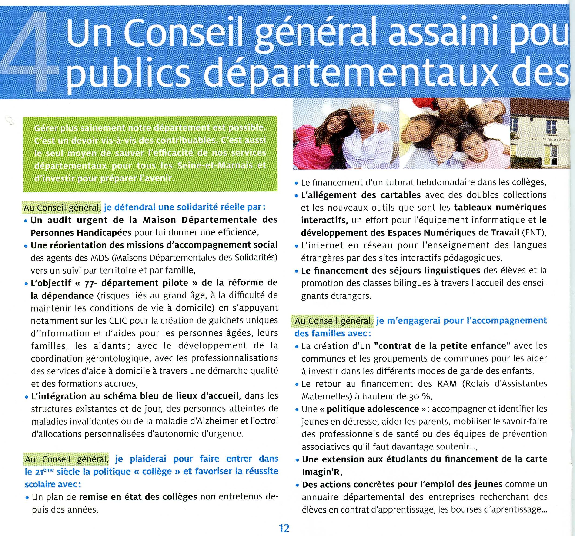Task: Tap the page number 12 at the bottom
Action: [284, 528]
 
